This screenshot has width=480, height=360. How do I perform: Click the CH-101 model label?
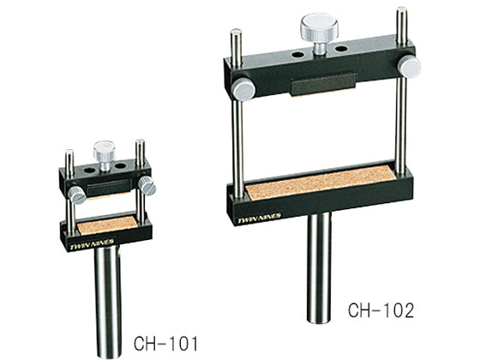[x=165, y=343]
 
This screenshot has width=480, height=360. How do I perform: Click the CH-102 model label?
[x=381, y=310]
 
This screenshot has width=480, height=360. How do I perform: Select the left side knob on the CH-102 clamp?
[x=243, y=89]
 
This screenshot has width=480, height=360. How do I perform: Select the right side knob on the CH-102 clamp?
[x=410, y=67]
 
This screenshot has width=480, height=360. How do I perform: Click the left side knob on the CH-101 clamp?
[x=77, y=195]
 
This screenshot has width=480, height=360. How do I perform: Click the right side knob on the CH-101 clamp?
[x=147, y=185]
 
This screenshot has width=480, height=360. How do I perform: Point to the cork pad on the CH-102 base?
[x=321, y=183]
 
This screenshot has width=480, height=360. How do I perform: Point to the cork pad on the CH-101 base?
[x=107, y=224]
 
